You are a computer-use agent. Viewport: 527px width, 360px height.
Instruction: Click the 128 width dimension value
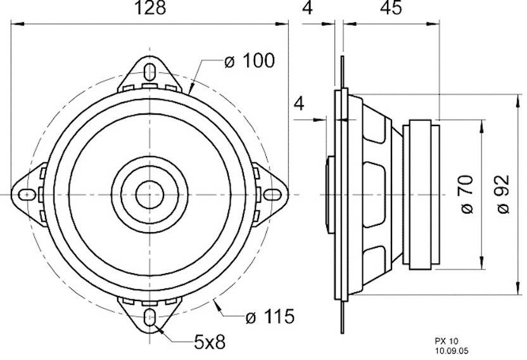(x=151, y=8)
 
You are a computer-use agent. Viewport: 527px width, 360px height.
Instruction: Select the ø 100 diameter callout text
(x=250, y=61)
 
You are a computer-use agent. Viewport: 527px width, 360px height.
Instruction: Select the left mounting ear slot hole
(x=27, y=193)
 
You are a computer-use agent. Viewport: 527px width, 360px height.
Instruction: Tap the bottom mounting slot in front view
(x=151, y=317)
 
